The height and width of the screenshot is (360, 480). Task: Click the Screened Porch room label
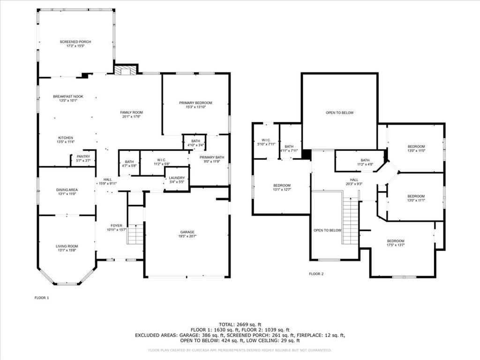pyautogui.click(x=75, y=42)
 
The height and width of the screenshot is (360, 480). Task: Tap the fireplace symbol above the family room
pyautogui.click(x=125, y=70)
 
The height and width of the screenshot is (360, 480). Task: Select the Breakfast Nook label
pyautogui.click(x=68, y=97)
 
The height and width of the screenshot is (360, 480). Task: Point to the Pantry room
pyautogui.click(x=83, y=158)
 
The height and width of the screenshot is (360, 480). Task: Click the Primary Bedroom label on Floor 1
pyautogui.click(x=195, y=103)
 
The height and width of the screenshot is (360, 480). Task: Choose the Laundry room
pyautogui.click(x=177, y=180)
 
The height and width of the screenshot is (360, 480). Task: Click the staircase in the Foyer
pyautogui.click(x=135, y=234)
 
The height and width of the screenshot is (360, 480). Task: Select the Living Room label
pyautogui.click(x=67, y=246)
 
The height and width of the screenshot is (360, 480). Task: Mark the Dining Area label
pyautogui.click(x=67, y=189)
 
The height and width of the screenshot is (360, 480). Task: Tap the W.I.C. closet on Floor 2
pyautogui.click(x=265, y=142)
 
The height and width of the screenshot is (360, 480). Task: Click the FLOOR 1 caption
pyautogui.click(x=42, y=298)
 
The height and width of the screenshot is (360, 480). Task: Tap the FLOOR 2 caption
pyautogui.click(x=316, y=274)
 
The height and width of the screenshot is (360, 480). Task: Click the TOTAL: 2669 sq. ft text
pyautogui.click(x=240, y=324)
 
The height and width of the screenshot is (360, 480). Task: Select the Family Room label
pyautogui.click(x=131, y=112)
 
